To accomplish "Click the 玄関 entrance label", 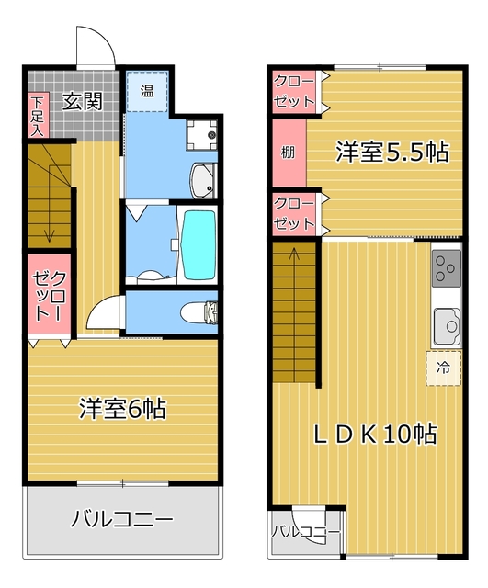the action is pos(82,101).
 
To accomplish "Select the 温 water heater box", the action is pos(147,92).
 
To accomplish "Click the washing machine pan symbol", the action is pos(202,135).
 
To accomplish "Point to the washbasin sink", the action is pos(204,181).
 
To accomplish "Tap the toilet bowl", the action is pos(199,312).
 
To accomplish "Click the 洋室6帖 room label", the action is pos(122,409).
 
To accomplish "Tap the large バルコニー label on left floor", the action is pos(122,519).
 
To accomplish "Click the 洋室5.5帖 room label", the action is pos(392,153).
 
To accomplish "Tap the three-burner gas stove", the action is pos(447,269).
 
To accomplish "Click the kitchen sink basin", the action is pos(447,326).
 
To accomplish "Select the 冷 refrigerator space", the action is pos(443,368).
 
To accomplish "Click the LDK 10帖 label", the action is pos(375,434).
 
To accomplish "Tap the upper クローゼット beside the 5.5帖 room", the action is pos(294,92).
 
